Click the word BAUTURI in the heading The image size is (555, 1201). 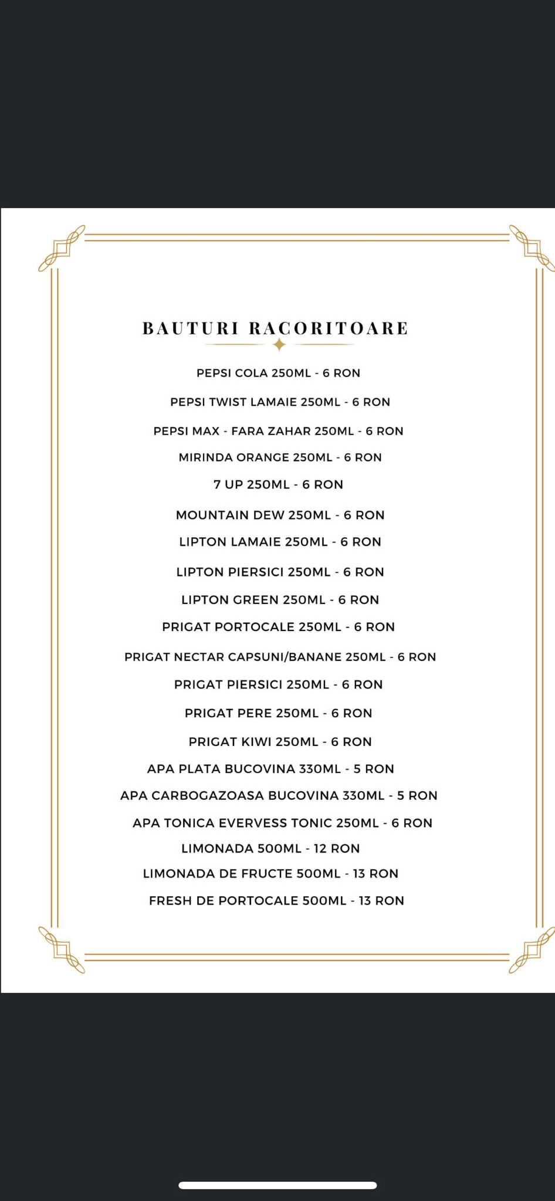[190, 328]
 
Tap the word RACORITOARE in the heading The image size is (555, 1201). [329, 328]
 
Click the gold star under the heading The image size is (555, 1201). [279, 345]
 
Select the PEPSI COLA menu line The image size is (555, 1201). [278, 373]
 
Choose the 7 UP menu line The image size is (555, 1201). [278, 484]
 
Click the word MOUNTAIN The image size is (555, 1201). [212, 515]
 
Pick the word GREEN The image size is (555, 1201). [255, 600]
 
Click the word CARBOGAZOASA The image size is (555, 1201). [208, 796]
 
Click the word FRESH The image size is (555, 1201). [170, 901]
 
